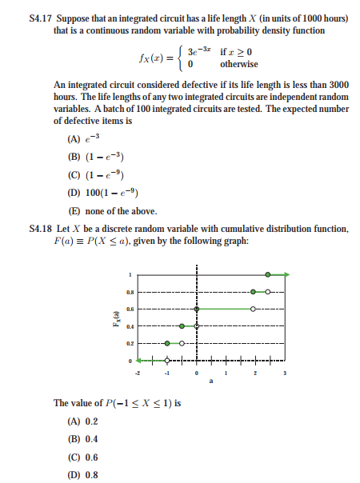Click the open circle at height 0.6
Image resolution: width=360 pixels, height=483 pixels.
click(x=253, y=309)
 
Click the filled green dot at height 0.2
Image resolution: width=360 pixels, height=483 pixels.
click(x=167, y=343)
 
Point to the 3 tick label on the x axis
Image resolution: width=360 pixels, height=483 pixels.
click(x=282, y=373)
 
